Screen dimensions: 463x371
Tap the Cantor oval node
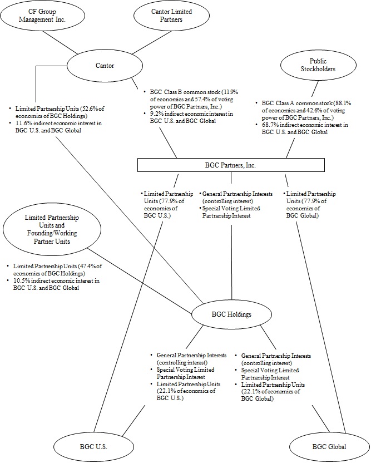click(x=105, y=66)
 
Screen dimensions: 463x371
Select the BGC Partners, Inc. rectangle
click(x=231, y=165)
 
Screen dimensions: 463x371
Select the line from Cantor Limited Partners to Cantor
click(x=137, y=40)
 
